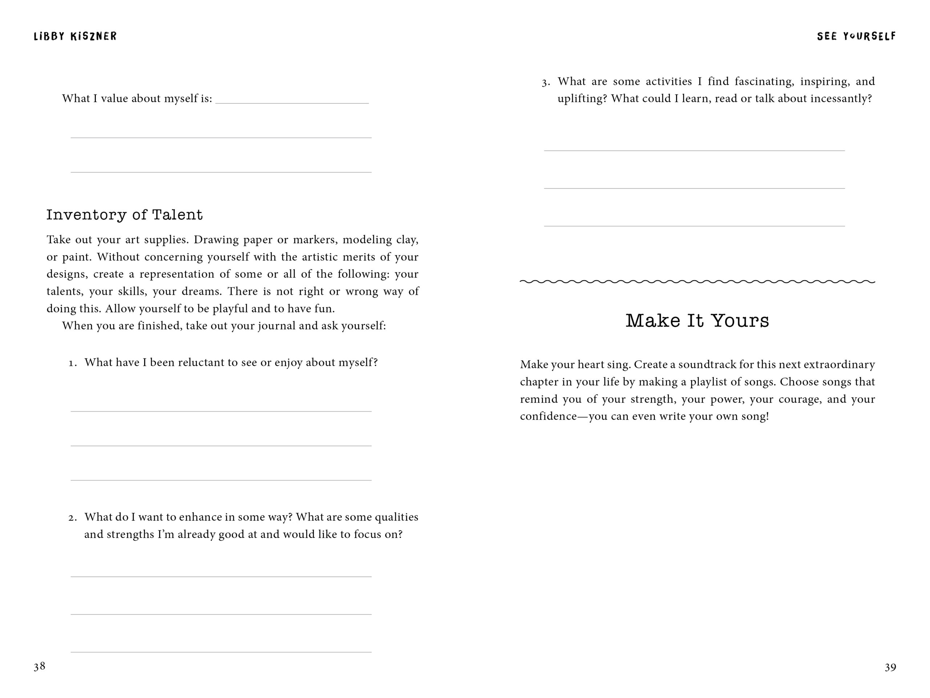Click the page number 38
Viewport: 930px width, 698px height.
(40, 666)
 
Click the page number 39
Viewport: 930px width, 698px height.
(890, 667)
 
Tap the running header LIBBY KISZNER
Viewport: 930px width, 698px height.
(75, 37)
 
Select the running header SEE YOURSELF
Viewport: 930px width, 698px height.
(856, 37)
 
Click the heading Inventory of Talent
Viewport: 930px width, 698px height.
(125, 214)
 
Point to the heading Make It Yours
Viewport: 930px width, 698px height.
(697, 321)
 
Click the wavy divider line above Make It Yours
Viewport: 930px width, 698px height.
(697, 281)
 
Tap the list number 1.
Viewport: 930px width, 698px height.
(72, 363)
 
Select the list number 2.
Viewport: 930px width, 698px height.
(72, 518)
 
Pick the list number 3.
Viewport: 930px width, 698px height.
(546, 82)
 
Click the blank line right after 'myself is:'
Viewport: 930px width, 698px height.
(292, 100)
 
